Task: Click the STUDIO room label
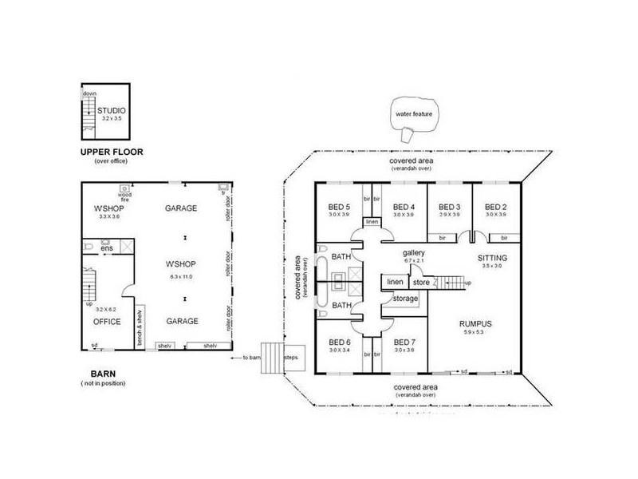(x=111, y=111)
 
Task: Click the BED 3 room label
(x=450, y=206)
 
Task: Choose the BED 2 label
(x=496, y=206)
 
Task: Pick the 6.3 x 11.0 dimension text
(x=183, y=276)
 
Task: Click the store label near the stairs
(x=420, y=282)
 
